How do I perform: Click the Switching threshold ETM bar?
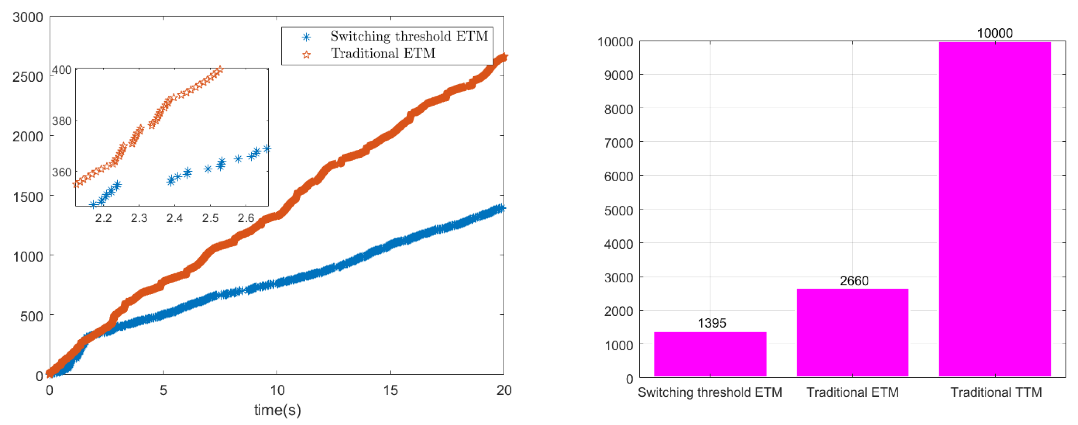point(710,354)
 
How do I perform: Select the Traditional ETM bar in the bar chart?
point(852,333)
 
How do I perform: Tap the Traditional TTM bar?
point(995,209)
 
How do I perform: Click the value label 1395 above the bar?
point(712,323)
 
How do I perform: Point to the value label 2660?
point(854,281)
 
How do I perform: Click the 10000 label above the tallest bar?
point(995,33)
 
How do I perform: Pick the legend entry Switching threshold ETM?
point(409,36)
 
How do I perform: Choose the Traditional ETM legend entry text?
point(383,53)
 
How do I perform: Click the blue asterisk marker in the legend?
point(306,37)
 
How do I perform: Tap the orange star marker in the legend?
point(306,54)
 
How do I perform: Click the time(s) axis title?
point(277,410)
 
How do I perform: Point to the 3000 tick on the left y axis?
point(28,17)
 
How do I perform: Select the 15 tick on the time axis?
point(390,390)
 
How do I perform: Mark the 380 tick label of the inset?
point(62,121)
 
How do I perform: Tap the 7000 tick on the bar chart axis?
point(618,143)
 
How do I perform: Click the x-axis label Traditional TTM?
point(996,392)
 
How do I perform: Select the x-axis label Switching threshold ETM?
point(710,392)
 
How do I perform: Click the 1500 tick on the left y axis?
point(28,197)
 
